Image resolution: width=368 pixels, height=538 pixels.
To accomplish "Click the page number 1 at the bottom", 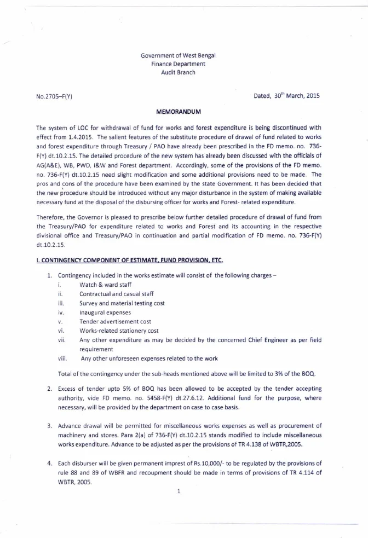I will click(179, 491).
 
